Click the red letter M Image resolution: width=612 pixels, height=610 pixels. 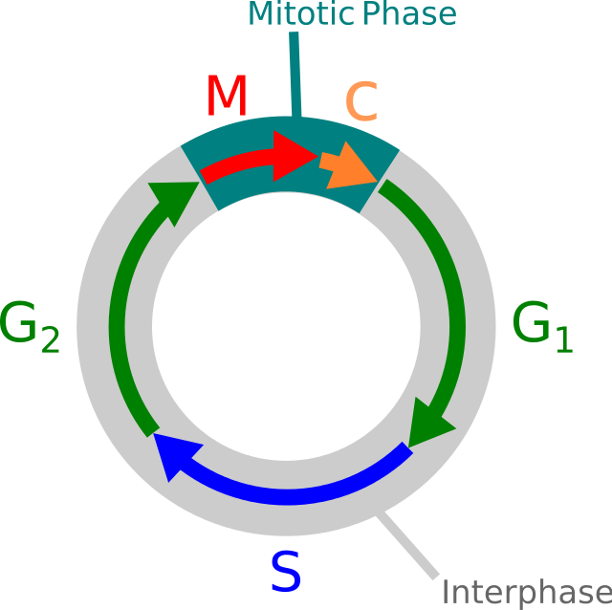click(227, 97)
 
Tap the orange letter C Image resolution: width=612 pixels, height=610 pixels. click(361, 102)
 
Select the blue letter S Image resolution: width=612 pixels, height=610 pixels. click(285, 571)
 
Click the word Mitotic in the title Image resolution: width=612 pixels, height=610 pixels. click(300, 13)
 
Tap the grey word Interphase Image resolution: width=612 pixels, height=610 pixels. click(525, 591)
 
